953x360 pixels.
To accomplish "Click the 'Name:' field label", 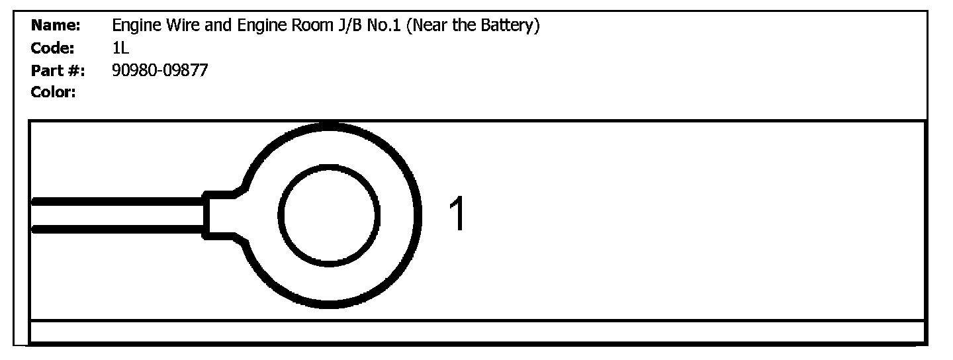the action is tap(56, 26).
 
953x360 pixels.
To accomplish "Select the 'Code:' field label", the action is tap(53, 48).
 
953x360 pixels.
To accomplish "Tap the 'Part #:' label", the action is tap(58, 71).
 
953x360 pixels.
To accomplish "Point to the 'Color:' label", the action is tap(53, 92).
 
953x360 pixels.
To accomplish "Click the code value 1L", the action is tap(120, 48).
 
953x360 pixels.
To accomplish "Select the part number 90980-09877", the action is tap(160, 70).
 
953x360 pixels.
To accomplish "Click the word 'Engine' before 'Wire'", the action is tap(137, 26).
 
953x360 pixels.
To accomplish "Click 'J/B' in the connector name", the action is tap(350, 26).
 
